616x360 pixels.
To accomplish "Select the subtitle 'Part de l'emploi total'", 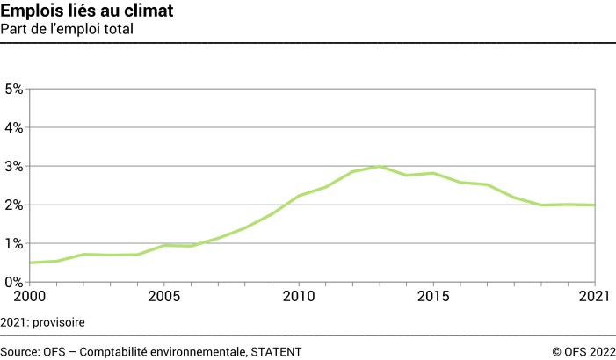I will tap(73, 29).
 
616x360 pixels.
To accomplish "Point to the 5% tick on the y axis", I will tap(13, 89).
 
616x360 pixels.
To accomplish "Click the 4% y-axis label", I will tap(13, 127).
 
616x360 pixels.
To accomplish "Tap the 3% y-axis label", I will tap(13, 166).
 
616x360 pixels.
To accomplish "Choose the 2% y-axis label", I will tap(13, 205).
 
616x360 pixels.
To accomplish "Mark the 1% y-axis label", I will tap(13, 243).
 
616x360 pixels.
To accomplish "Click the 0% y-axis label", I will tap(13, 282).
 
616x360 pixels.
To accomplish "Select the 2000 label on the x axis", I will tap(29, 296).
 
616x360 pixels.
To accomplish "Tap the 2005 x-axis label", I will tap(163, 296).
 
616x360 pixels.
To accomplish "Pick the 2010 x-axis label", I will tap(299, 296).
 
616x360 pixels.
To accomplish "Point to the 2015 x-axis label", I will tap(433, 296).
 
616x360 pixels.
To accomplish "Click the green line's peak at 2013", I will tap(380, 166).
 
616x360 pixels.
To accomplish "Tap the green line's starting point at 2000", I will tap(30, 263).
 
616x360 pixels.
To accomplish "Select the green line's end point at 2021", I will tap(595, 205).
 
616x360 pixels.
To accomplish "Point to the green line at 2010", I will tap(299, 196).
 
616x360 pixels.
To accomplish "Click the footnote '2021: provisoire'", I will tap(48, 322).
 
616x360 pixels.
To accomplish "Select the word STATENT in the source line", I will tap(275, 351).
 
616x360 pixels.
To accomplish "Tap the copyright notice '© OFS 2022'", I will tap(583, 351).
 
